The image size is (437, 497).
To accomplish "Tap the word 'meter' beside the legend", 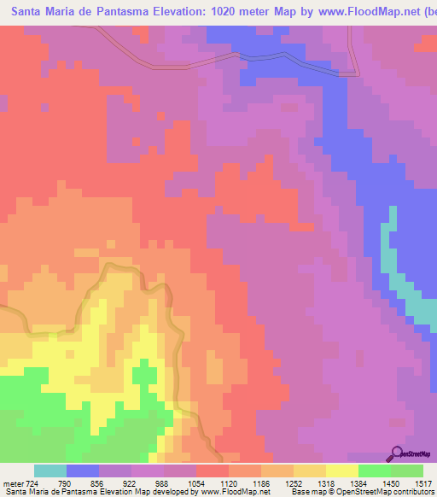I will (x=12, y=483).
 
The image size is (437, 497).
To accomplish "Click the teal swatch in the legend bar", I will (x=50, y=471).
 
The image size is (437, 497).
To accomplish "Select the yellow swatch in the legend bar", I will (x=341, y=471).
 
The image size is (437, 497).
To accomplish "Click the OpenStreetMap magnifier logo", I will (x=395, y=453).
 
